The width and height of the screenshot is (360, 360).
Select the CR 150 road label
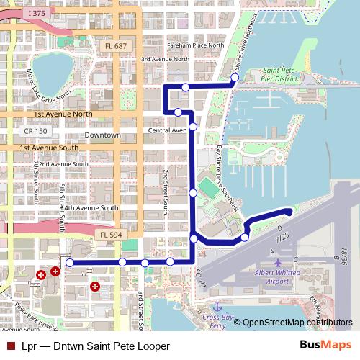click(x=35, y=131)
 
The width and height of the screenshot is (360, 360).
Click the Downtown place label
click(x=102, y=135)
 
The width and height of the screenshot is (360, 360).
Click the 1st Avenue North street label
click(x=63, y=114)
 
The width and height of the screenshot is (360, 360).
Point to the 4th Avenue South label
click(x=89, y=208)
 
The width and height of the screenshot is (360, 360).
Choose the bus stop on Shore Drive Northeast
click(x=235, y=77)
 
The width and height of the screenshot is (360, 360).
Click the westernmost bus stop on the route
click(x=70, y=263)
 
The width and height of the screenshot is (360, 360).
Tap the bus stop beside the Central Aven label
click(x=193, y=127)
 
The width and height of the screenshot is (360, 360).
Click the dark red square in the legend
click(x=9, y=346)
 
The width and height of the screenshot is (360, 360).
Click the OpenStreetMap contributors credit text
click(x=297, y=323)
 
